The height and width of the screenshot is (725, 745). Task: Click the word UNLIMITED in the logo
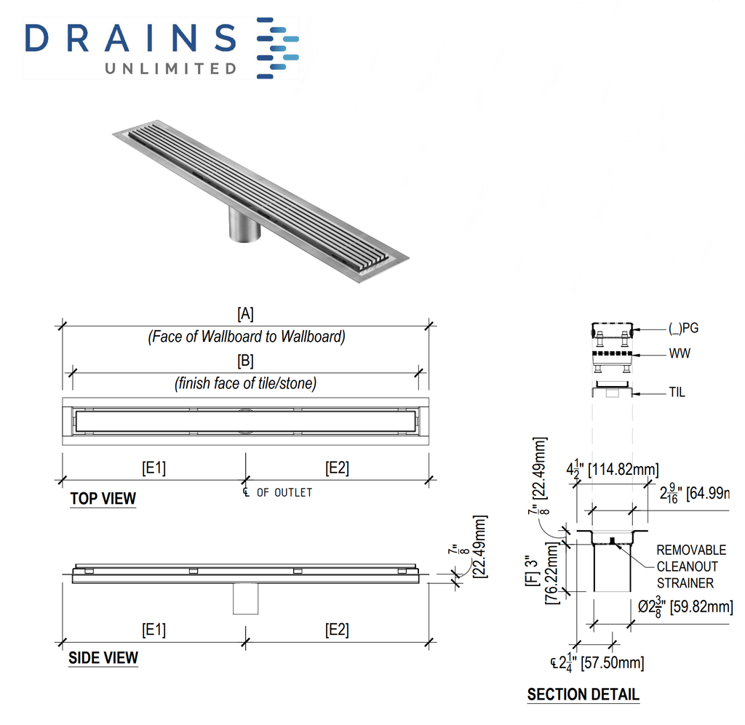172,69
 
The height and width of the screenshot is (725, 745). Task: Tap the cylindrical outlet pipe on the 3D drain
244,225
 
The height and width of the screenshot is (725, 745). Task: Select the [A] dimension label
245,313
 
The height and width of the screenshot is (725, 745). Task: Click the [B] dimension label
245,361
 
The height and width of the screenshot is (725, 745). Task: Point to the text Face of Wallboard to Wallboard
246,337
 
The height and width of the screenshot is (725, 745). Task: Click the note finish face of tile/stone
246,383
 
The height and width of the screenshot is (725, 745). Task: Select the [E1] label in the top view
153,468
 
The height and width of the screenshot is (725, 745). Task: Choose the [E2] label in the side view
337,630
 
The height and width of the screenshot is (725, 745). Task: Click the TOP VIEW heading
103,499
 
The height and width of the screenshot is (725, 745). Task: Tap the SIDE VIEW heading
103,658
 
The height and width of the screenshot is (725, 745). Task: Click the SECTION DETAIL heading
583,694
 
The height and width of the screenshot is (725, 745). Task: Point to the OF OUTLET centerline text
284,493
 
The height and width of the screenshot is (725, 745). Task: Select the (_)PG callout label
683,329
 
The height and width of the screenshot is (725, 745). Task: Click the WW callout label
680,354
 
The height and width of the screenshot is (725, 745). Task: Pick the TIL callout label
677,393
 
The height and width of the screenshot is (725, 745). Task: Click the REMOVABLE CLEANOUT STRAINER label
691,566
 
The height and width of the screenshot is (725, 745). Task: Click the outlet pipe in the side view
245,598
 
